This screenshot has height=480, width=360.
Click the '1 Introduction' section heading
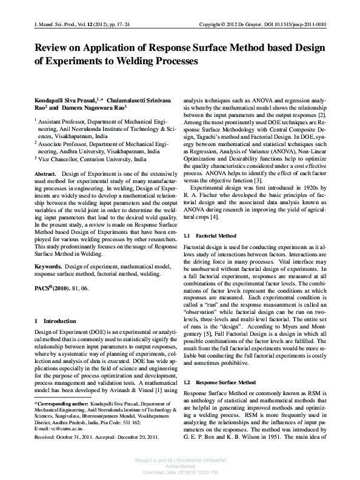pos(55,321)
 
